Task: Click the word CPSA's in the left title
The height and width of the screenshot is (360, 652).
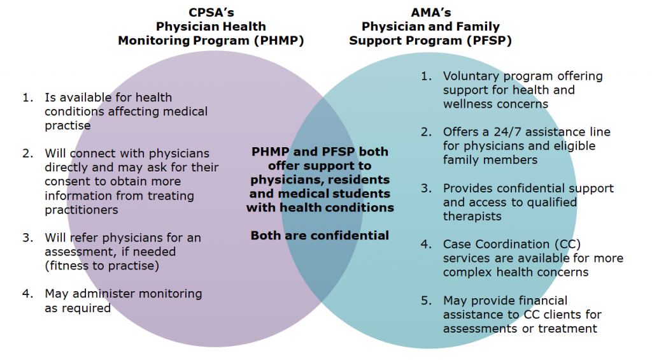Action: click(x=211, y=13)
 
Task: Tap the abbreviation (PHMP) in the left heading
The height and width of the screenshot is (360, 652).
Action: click(x=280, y=41)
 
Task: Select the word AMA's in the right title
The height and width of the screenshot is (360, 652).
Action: click(x=431, y=13)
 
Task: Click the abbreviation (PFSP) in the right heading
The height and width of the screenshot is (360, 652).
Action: click(x=488, y=41)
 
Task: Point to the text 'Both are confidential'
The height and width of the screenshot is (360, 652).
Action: click(x=320, y=236)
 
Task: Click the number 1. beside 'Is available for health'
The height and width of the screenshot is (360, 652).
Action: click(x=28, y=97)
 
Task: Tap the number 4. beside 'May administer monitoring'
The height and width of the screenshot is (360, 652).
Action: click(x=28, y=294)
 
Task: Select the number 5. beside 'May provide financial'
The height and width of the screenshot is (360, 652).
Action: click(x=426, y=301)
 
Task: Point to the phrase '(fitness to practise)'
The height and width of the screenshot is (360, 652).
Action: click(x=102, y=266)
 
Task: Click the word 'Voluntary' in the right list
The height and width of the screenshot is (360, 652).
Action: click(x=470, y=76)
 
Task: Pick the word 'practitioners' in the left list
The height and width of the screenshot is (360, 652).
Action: click(x=81, y=210)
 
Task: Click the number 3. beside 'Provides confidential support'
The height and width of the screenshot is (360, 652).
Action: click(x=426, y=189)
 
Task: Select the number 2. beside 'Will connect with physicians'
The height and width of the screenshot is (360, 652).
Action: click(x=28, y=154)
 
